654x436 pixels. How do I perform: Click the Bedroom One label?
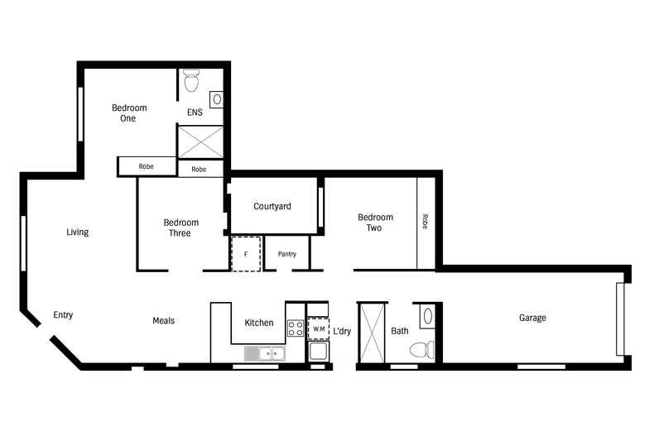point(129,113)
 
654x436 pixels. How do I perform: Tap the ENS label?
point(195,113)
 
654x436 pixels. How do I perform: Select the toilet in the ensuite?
point(192,81)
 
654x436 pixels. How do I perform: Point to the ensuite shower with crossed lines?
point(201,141)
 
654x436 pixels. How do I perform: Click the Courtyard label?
point(272,207)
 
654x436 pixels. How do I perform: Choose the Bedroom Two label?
point(375,223)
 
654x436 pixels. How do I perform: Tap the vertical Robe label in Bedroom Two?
point(426,222)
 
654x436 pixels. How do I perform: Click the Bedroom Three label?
point(180,228)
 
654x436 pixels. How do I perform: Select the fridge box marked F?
point(246,254)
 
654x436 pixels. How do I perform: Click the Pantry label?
point(287,254)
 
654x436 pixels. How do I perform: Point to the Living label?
point(77,232)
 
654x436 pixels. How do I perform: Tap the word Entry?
point(64,315)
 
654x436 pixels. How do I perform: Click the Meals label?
point(163,321)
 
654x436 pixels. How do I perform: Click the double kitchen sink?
point(265,354)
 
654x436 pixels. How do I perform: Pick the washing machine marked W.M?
point(319,329)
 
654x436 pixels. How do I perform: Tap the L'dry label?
point(342,331)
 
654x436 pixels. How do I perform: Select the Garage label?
point(532,318)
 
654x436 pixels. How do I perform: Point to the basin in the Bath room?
point(426,315)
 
